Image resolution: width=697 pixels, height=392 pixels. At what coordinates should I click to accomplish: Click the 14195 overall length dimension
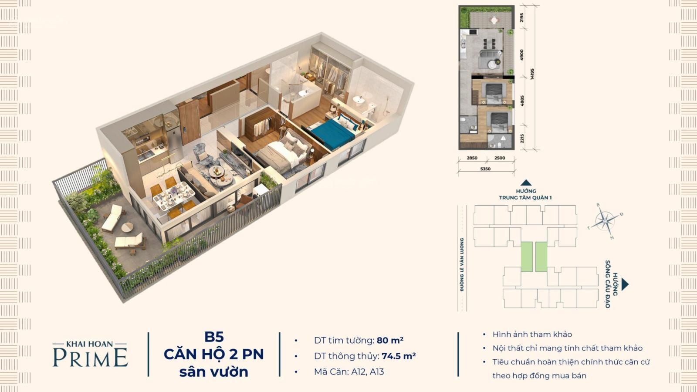pyautogui.click(x=532, y=74)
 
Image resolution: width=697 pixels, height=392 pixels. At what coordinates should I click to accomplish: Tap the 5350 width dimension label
pyautogui.click(x=485, y=169)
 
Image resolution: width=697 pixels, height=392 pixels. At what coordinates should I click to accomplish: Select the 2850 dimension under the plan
pyautogui.click(x=472, y=158)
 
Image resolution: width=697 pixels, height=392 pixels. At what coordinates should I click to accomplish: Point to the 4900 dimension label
pyautogui.click(x=521, y=55)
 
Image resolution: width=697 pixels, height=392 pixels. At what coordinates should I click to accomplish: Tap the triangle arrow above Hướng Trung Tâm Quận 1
pyautogui.click(x=526, y=182)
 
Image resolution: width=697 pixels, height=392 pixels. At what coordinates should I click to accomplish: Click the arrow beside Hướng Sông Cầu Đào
pyautogui.click(x=625, y=284)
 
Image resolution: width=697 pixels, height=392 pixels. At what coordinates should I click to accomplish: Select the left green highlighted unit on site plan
pyautogui.click(x=527, y=257)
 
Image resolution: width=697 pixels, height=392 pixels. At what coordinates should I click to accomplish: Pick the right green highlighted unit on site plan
pyautogui.click(x=541, y=257)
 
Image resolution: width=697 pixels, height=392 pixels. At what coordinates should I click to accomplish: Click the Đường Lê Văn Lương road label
pyautogui.click(x=462, y=265)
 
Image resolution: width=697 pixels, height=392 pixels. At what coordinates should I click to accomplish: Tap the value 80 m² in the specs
pyautogui.click(x=390, y=340)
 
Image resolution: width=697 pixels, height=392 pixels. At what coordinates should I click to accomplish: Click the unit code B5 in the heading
pyautogui.click(x=214, y=337)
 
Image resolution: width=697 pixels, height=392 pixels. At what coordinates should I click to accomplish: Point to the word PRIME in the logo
pyautogui.click(x=90, y=358)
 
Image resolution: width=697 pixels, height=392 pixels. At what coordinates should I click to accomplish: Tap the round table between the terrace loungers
pyautogui.click(x=127, y=227)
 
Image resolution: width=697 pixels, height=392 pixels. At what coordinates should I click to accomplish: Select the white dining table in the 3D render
pyautogui.click(x=173, y=196)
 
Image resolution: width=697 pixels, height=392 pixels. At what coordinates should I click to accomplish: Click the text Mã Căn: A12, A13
pyautogui.click(x=349, y=372)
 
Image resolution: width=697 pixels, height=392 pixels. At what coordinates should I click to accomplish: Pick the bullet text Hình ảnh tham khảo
pyautogui.click(x=532, y=335)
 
